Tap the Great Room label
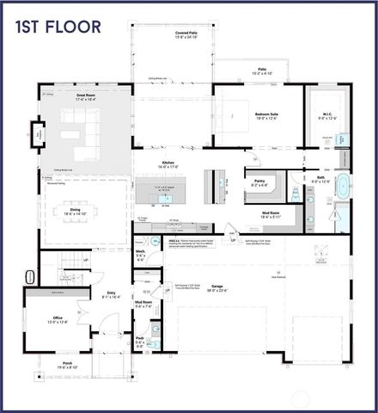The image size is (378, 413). pyautogui.click(x=87, y=99)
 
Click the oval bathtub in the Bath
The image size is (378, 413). pyautogui.click(x=342, y=187)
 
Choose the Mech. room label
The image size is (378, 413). pyautogui.click(x=140, y=255)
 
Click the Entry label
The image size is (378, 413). pyautogui.click(x=112, y=293)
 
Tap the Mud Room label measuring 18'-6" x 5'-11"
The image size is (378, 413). pyautogui.click(x=271, y=218)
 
